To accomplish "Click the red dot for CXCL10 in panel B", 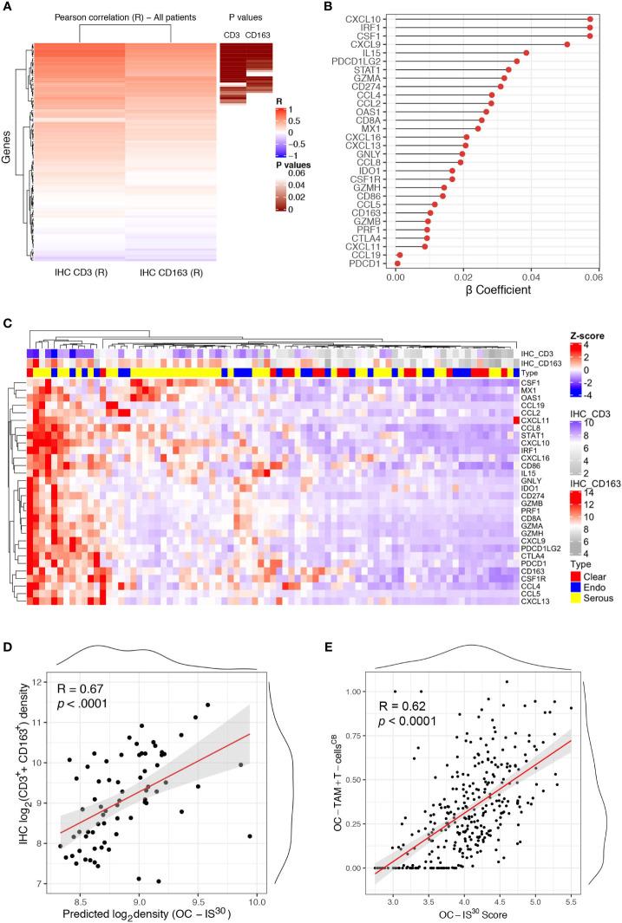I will (x=590, y=18).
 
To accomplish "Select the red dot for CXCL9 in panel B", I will (x=566, y=43).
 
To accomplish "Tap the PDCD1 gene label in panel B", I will (x=379, y=263).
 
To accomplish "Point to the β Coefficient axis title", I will (x=488, y=289).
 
